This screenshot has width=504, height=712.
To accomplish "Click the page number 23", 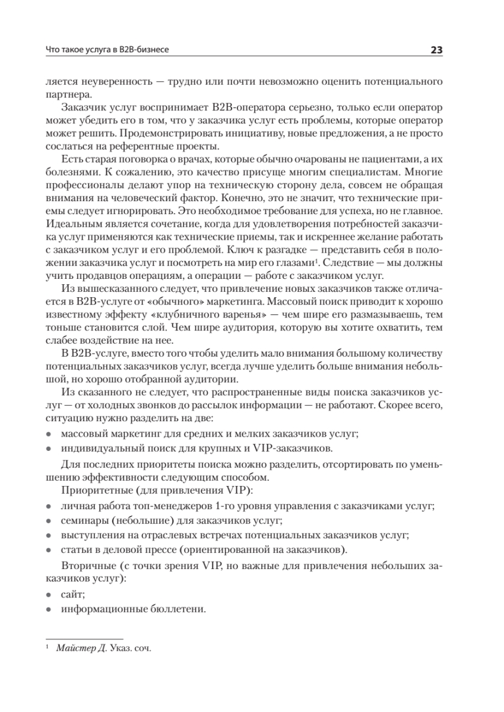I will tap(436, 50).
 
